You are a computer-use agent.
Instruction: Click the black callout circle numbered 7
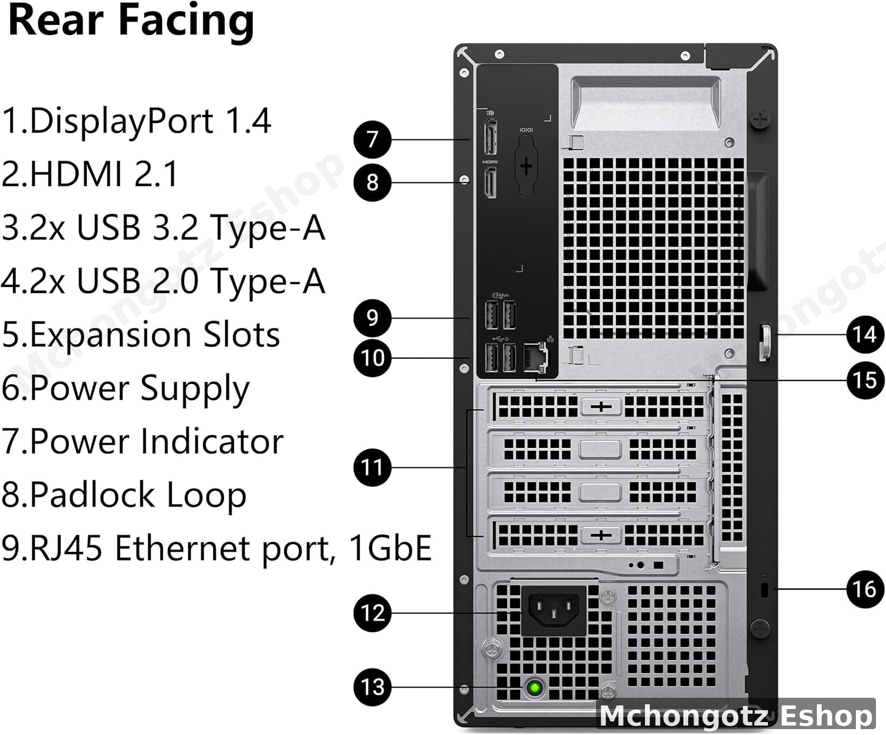[x=372, y=139]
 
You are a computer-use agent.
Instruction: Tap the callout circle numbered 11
[x=372, y=467]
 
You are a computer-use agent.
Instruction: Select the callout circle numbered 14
[x=865, y=335]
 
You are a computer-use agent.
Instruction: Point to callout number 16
[x=865, y=588]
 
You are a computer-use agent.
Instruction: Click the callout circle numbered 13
[x=372, y=687]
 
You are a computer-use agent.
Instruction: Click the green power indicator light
[x=535, y=687]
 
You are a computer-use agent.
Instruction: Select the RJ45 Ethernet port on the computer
[x=536, y=357]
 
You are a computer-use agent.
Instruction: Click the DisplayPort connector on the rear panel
[x=490, y=138]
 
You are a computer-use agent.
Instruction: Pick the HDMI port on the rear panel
[x=490, y=183]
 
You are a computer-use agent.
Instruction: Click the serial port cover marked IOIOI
[x=526, y=165]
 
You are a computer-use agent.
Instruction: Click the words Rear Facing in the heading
[x=131, y=21]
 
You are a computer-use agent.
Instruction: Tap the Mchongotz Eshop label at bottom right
[x=735, y=716]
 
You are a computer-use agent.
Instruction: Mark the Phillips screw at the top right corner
[x=760, y=120]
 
